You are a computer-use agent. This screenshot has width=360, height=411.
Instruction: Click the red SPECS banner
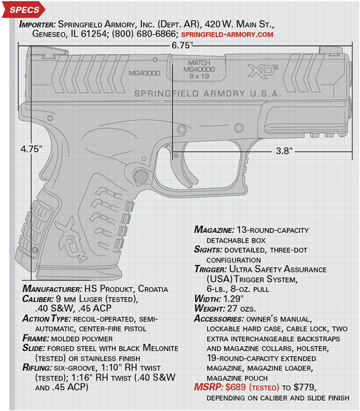coord(24,10)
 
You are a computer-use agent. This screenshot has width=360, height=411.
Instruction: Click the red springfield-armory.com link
coord(227,34)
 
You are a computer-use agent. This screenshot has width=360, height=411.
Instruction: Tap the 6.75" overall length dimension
coord(181,45)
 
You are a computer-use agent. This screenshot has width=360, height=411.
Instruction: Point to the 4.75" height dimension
coord(31,149)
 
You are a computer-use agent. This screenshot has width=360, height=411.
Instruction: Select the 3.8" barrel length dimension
coord(284,151)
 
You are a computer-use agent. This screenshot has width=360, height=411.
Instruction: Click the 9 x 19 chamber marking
coord(199,76)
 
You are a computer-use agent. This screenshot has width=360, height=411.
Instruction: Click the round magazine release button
coord(141,176)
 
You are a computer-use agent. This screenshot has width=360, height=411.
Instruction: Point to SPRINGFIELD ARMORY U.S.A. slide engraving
coord(208,94)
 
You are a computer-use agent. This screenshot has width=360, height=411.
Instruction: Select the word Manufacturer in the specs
coord(52,289)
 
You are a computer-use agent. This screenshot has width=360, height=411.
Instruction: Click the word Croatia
coord(153,289)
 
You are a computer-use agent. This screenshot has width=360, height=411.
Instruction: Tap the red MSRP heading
coord(209,387)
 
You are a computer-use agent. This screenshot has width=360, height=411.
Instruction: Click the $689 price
coord(236,387)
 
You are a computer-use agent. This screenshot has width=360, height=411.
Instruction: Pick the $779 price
coord(304,387)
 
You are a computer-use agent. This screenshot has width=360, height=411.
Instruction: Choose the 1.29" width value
coord(233,299)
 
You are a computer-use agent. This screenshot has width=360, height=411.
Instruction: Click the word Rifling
coord(37,368)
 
